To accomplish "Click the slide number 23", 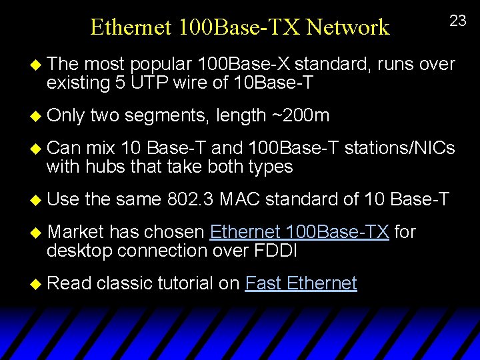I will [x=458, y=21].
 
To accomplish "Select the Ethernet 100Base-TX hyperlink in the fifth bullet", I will [x=299, y=232].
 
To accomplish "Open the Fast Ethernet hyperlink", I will [x=301, y=283].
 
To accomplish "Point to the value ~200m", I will [x=301, y=115].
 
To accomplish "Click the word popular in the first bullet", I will [x=157, y=64].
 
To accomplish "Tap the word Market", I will [x=76, y=232].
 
